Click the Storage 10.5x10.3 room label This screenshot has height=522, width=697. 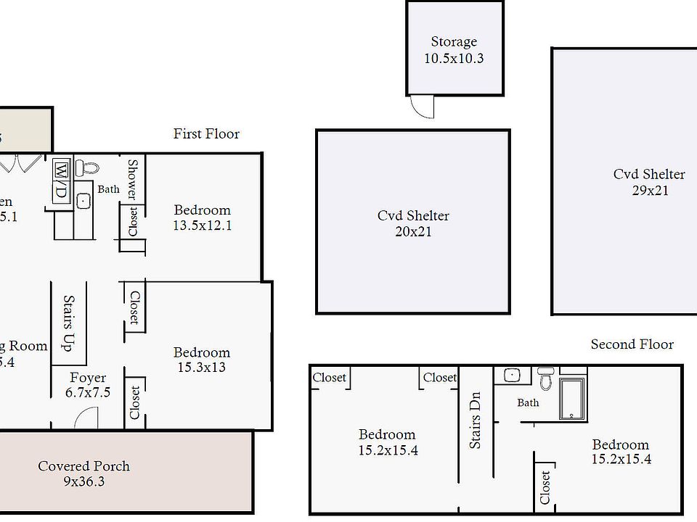[454, 50]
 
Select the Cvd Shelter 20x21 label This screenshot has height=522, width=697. [413, 223]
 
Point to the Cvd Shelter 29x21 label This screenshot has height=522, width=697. [649, 182]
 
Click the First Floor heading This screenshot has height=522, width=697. [206, 133]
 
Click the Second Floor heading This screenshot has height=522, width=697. [632, 344]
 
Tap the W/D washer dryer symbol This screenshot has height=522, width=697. [61, 181]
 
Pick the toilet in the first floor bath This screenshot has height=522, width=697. [88, 168]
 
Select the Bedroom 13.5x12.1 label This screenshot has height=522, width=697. [202, 217]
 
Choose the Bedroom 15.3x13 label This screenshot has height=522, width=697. [201, 360]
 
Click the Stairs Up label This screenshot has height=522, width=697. [69, 323]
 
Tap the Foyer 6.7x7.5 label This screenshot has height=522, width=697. [87, 385]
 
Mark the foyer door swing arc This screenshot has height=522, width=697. [86, 418]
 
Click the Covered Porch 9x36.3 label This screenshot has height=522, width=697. [84, 473]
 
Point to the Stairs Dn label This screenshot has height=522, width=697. [476, 420]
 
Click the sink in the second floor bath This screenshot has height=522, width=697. [513, 376]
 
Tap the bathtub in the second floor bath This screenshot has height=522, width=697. [572, 398]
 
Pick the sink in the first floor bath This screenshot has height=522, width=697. [83, 202]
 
